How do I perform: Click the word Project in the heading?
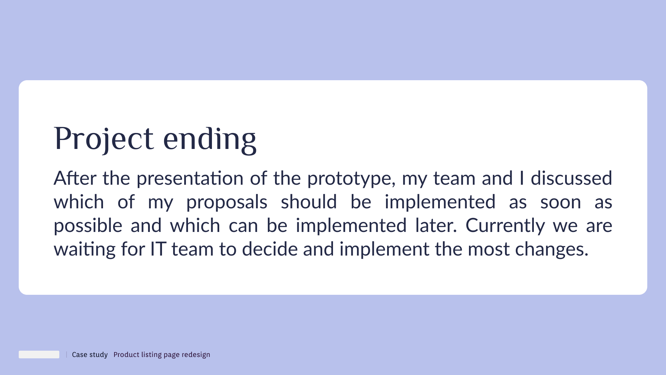coord(104,139)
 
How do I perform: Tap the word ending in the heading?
coord(210,139)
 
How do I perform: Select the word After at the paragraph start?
coord(75,178)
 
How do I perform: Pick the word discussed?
coord(571,178)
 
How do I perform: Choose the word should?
coord(309,202)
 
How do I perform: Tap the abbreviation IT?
coord(158,249)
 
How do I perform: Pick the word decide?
coord(270,249)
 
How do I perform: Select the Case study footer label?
coord(90,355)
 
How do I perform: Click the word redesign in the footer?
coord(196,355)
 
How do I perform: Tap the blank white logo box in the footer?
coord(39,355)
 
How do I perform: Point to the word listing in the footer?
coord(151,355)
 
